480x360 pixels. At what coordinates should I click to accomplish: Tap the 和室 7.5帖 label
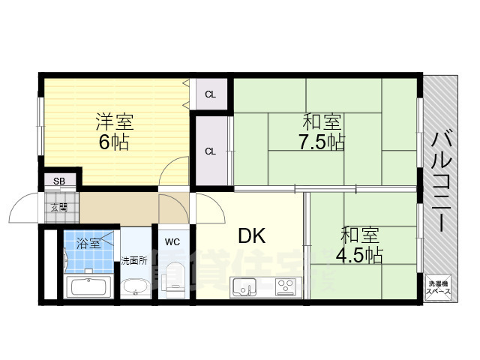pyautogui.click(x=323, y=131)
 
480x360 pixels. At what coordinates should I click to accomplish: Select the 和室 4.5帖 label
pyautogui.click(x=358, y=245)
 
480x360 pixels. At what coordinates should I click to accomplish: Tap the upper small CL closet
pyautogui.click(x=211, y=94)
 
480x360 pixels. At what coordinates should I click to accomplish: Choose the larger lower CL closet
pyautogui.click(x=211, y=151)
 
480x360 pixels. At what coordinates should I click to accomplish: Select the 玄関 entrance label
pyautogui.click(x=58, y=206)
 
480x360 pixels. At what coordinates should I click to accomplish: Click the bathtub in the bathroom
pyautogui.click(x=89, y=287)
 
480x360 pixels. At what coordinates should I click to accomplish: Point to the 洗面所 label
pyautogui.click(x=134, y=261)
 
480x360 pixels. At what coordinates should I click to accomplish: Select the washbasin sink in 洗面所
pyautogui.click(x=135, y=287)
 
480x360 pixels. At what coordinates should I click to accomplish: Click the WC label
pyautogui.click(x=172, y=241)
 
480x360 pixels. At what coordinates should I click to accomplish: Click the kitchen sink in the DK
pyautogui.click(x=244, y=287)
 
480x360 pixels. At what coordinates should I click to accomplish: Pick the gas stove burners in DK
pyautogui.click(x=286, y=286)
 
